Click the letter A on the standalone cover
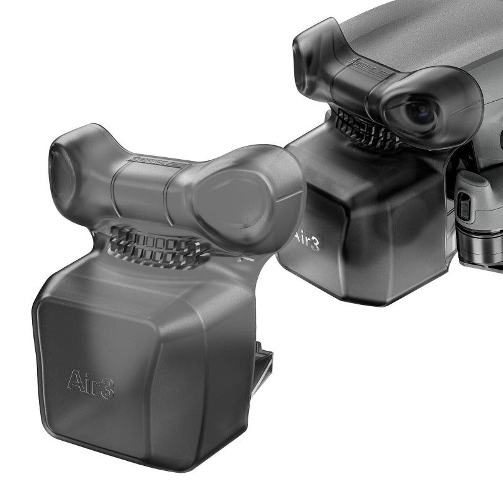click(74, 381)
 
